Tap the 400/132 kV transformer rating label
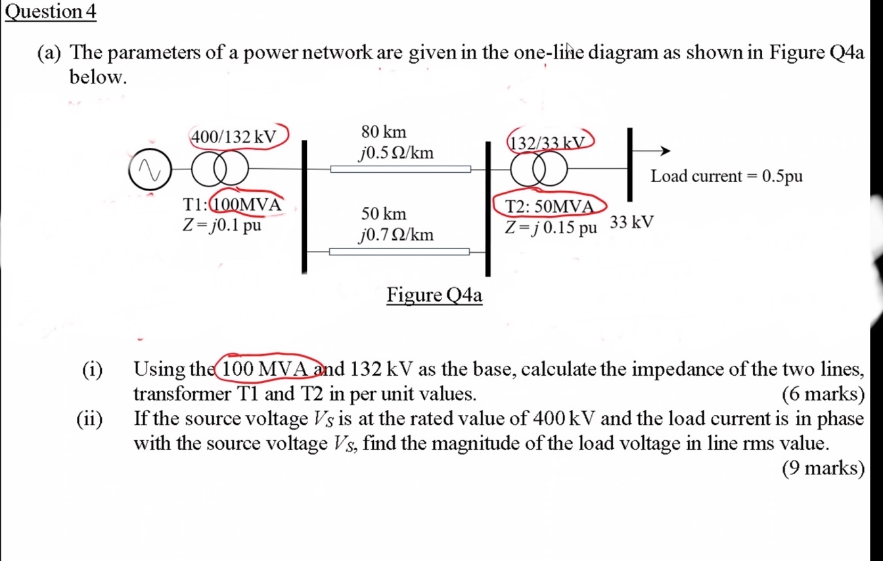coord(233,137)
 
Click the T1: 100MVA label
coord(233,205)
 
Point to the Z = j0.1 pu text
coord(222,225)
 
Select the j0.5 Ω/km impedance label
coord(396,153)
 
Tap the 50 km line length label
coord(384,213)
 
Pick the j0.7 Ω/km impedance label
coord(396,235)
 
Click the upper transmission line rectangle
coord(400,169)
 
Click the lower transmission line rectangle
coord(399,252)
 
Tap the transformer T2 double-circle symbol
coord(540,169)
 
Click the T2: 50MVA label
coord(549,206)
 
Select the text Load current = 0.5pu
coord(727,176)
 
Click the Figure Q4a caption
coord(434,296)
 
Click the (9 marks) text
coord(823,468)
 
